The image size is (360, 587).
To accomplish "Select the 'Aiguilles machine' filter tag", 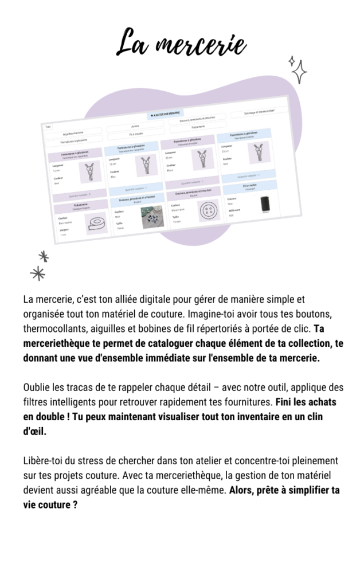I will [73, 133].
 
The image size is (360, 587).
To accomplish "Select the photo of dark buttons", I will [153, 217].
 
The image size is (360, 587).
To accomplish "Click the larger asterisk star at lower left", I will [38, 273].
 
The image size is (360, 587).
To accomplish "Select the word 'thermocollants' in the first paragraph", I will [52, 330].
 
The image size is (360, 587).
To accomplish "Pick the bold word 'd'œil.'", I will [34, 431].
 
